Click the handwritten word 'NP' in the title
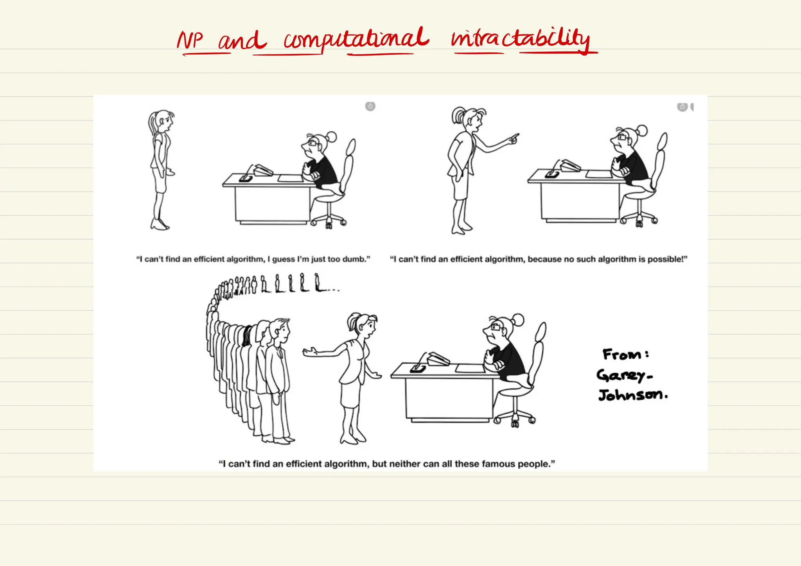coord(190,40)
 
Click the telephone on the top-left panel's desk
coord(263,170)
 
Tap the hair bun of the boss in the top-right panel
coord(641,130)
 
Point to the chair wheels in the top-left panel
coord(329,223)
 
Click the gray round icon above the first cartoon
coord(370,106)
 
